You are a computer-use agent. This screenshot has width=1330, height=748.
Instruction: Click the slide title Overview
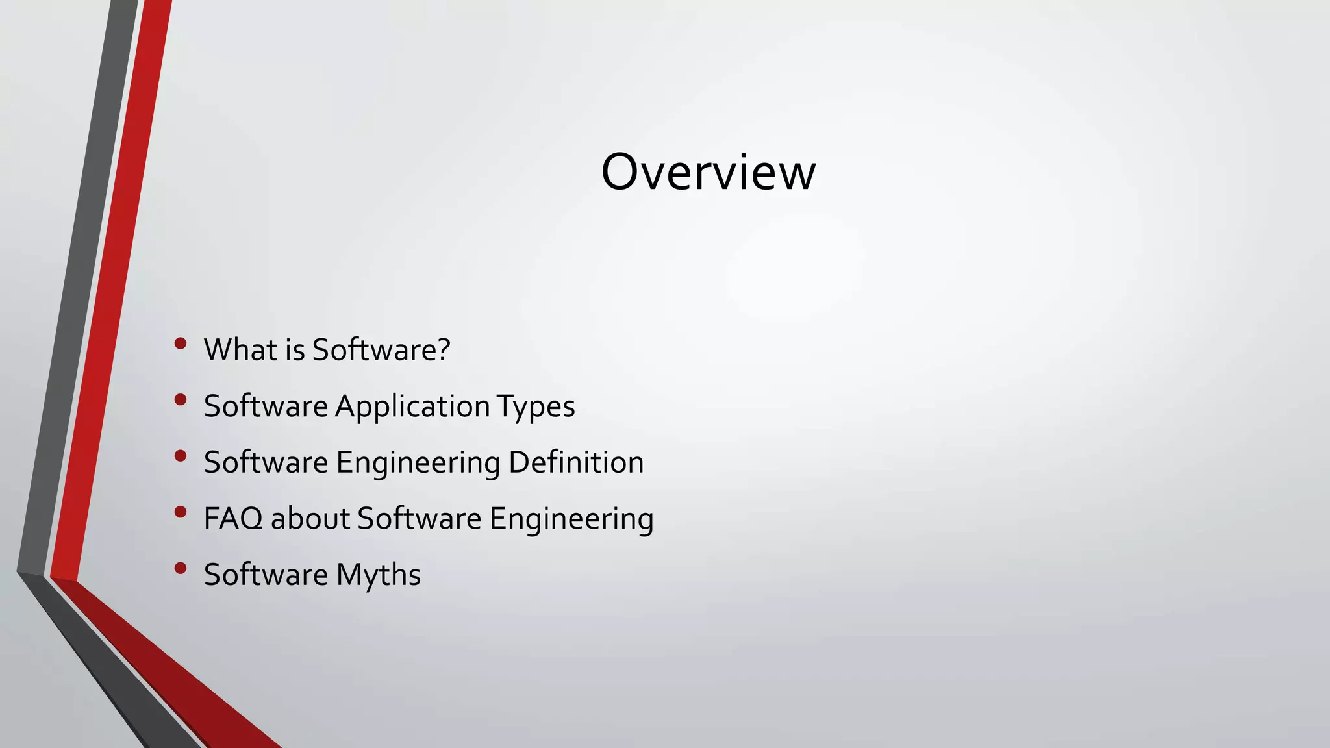(708, 172)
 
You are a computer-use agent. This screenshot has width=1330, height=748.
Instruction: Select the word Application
(412, 406)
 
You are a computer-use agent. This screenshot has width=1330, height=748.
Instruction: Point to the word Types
(536, 406)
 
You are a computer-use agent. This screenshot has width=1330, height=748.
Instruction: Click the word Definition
(576, 462)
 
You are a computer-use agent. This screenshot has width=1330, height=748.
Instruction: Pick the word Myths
(378, 575)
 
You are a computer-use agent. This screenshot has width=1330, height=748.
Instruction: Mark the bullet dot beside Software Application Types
(181, 399)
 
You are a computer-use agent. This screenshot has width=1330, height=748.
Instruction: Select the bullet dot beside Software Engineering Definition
(181, 456)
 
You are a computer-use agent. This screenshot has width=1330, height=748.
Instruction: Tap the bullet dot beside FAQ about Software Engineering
(181, 512)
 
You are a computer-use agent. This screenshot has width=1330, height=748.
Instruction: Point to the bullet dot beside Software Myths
(181, 569)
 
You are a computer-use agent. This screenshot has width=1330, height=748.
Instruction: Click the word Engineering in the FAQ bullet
(571, 519)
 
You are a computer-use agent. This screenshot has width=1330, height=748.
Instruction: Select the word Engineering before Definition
(418, 463)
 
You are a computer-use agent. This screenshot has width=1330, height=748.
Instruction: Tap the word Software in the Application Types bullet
(266, 406)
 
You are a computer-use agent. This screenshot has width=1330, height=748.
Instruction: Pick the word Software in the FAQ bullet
(420, 519)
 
